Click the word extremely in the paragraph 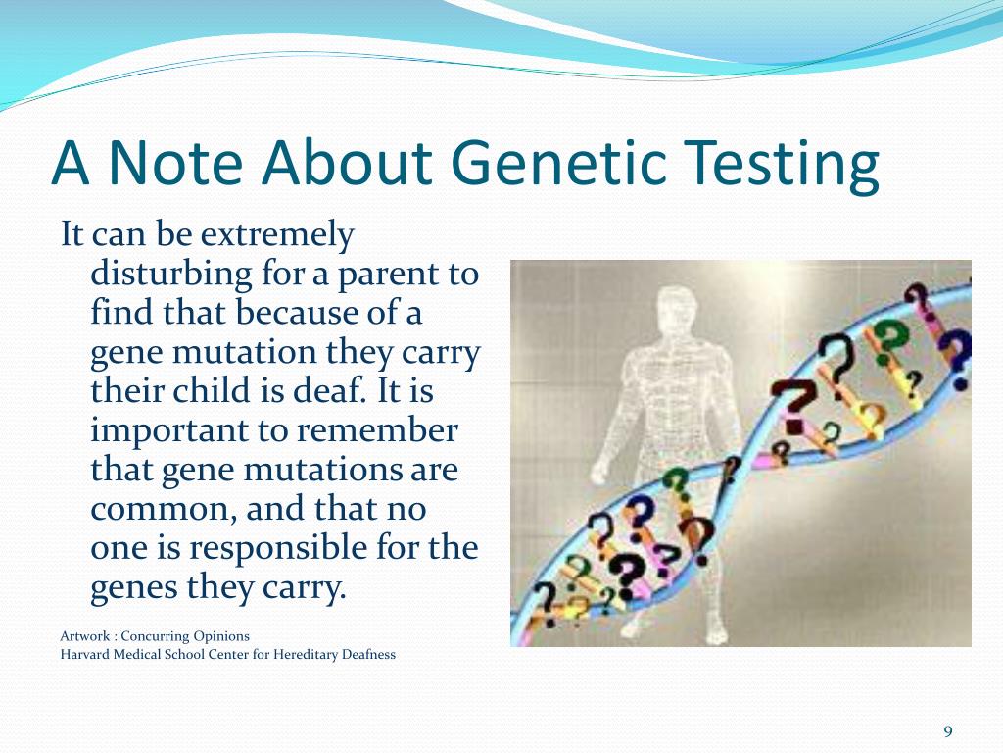point(277,235)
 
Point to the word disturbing point(171,274)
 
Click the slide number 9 point(948,731)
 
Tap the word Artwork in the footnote point(85,635)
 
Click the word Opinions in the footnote point(221,636)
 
